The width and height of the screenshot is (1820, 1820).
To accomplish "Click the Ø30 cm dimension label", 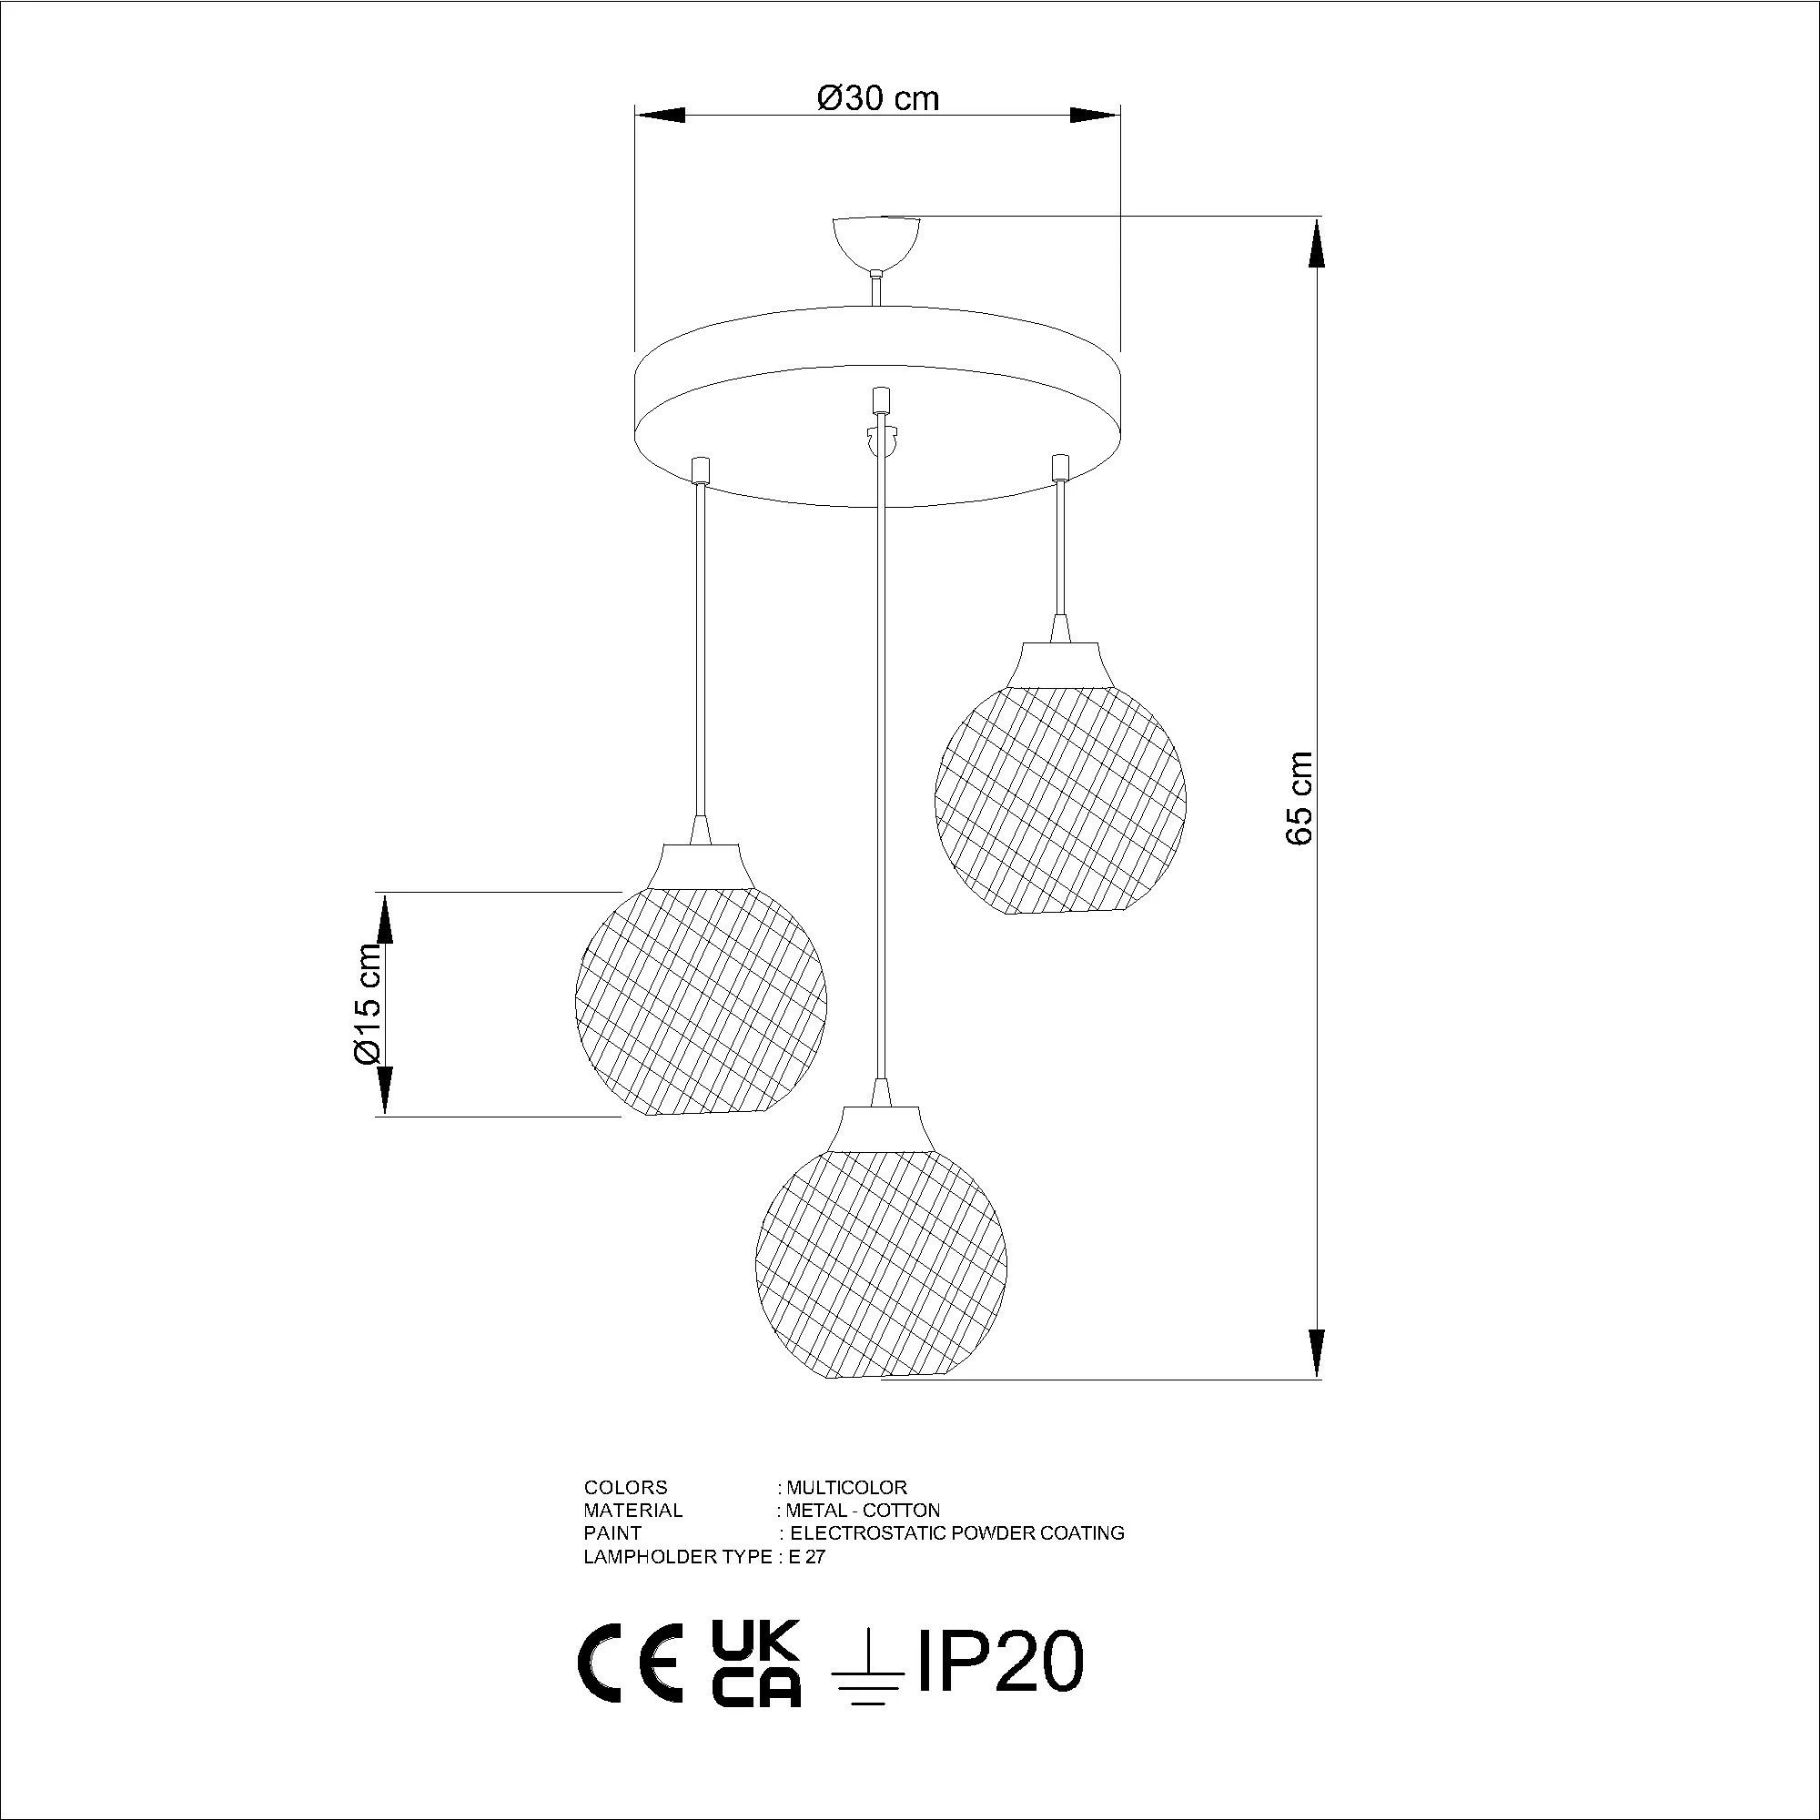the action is point(878,97).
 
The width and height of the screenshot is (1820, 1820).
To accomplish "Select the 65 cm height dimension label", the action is point(1300,799).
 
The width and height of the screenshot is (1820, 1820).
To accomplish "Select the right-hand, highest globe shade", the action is point(1061,800).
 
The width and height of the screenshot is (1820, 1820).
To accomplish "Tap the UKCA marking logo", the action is point(755,1663).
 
